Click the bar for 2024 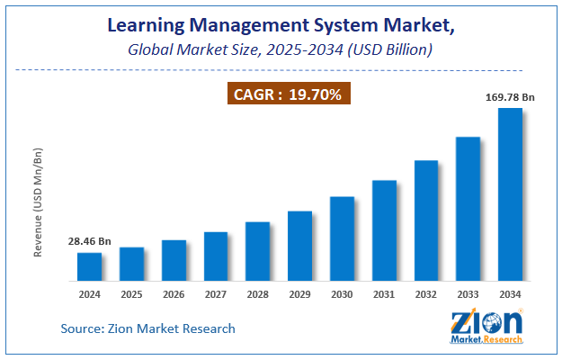[89, 266]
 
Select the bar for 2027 [216, 256]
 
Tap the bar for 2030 [342, 238]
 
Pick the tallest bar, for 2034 [511, 193]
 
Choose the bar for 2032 [426, 220]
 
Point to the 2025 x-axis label [131, 293]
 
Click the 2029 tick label [299, 293]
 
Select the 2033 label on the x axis [468, 293]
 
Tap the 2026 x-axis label [174, 293]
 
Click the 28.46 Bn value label [89, 242]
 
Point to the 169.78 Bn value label [510, 96]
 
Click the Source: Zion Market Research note [148, 328]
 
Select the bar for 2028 [258, 250]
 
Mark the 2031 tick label [384, 293]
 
